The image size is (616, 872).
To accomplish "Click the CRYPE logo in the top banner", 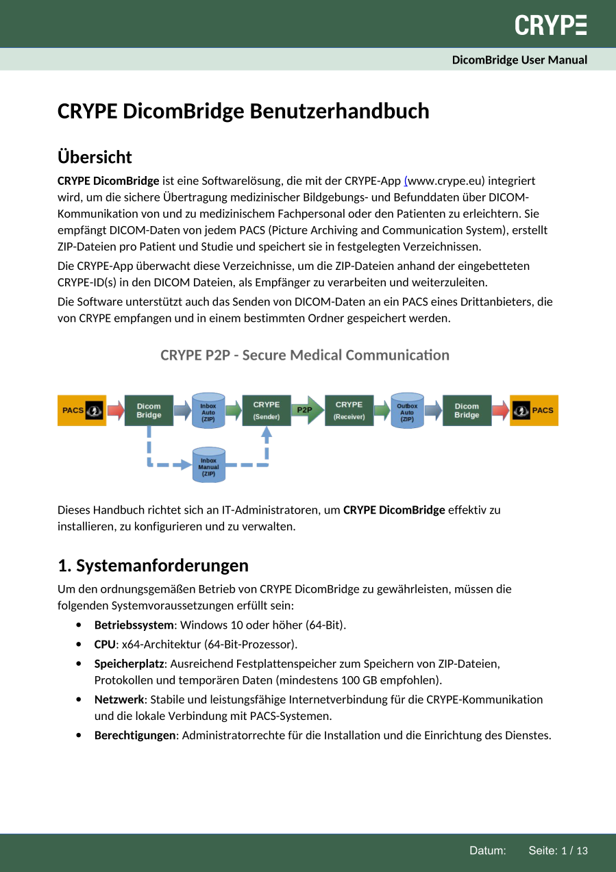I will [551, 25].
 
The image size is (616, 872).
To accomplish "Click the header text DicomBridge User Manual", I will [519, 60].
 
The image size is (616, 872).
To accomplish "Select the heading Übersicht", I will [95, 157].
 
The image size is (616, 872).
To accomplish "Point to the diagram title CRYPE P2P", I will [304, 355].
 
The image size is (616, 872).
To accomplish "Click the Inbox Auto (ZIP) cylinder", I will [208, 410].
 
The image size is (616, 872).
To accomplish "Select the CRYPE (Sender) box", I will [267, 410].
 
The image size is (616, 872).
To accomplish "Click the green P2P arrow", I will [306, 410].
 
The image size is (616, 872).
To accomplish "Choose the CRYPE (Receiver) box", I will [349, 410].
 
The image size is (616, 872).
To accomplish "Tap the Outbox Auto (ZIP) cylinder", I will [407, 410].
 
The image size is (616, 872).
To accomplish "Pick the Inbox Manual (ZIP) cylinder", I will [208, 465].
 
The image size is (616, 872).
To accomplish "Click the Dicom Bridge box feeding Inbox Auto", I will [149, 410].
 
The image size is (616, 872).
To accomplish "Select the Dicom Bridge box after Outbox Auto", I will [467, 410].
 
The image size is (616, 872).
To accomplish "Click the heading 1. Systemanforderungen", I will [153, 565].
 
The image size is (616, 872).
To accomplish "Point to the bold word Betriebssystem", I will [134, 625].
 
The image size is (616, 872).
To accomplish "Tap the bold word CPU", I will [105, 644].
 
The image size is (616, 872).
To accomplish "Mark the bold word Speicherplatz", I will [129, 663].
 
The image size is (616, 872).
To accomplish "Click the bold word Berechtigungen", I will [135, 735].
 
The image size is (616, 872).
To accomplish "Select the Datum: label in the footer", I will [487, 851].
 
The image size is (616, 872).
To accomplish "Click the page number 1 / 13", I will [574, 851].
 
